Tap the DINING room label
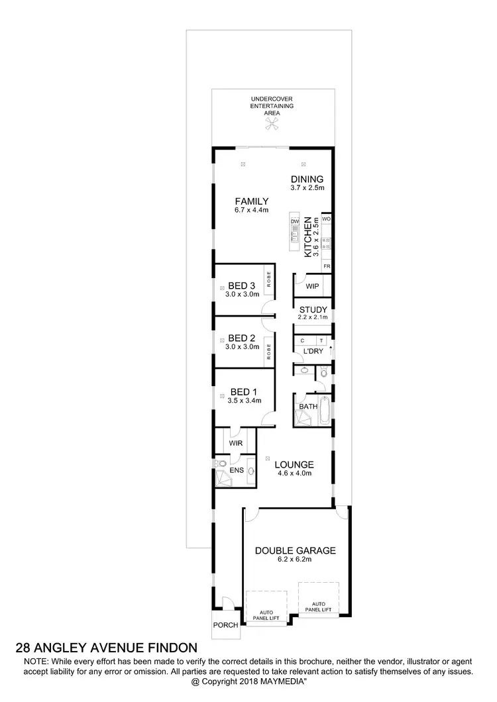306,179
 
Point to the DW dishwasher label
296,221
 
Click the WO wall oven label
326,219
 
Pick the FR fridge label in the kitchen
326,266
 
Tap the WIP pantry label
312,287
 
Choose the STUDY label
312,309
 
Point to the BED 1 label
244,391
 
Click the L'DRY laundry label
313,351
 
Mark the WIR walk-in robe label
235,443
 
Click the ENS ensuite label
237,470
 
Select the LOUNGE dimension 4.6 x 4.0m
294,474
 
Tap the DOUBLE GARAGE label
296,550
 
